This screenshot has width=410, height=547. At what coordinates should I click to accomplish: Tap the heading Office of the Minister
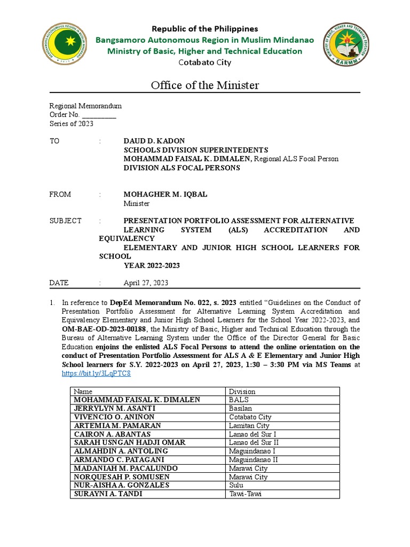[x=205, y=85]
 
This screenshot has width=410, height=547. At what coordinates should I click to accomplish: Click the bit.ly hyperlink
[x=97, y=373]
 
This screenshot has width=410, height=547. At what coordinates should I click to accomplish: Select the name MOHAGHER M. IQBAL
[x=165, y=194]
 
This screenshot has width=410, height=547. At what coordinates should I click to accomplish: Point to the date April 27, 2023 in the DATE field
[x=146, y=283]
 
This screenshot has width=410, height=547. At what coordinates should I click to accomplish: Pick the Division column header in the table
[x=242, y=392]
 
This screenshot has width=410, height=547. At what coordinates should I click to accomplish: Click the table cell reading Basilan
[x=241, y=409]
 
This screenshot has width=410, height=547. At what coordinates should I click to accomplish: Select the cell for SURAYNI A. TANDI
[x=108, y=494]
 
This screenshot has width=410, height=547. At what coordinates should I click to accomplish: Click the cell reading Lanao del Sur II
[x=254, y=443]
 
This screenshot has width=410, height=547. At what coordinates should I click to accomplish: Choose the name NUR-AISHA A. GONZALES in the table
[x=121, y=486]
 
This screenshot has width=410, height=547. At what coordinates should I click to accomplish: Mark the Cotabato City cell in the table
[x=250, y=417]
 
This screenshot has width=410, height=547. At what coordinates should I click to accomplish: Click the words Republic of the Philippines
[x=205, y=28]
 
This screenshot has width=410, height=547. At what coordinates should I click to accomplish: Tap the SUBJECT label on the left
[x=66, y=221]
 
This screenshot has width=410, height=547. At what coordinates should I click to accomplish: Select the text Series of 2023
[x=72, y=123]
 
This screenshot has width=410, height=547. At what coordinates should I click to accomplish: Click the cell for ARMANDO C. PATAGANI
[x=119, y=460]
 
